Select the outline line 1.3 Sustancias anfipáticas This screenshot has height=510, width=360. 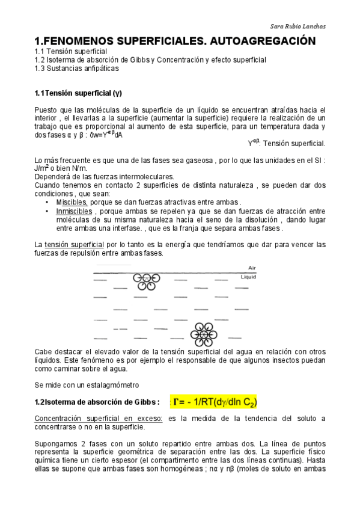click(76, 69)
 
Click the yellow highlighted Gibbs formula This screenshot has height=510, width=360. click(215, 402)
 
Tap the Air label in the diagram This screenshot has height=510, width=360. click(252, 268)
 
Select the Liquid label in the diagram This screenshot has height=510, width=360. click(248, 277)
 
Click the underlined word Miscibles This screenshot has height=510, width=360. click(72, 202)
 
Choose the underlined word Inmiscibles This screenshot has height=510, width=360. click(75, 211)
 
